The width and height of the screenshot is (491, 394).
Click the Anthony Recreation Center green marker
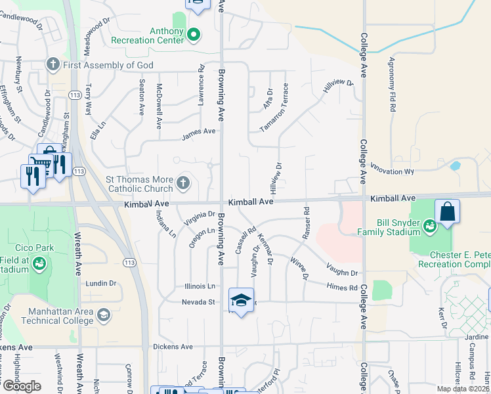(194, 35)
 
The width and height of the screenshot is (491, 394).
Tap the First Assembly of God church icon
(53, 64)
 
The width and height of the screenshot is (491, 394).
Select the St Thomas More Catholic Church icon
(184, 183)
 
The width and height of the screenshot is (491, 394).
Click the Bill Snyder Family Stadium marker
(430, 227)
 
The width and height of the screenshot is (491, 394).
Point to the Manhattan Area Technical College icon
(103, 316)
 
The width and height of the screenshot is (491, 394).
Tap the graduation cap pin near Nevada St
(242, 301)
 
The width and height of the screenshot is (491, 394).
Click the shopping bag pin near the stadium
(447, 212)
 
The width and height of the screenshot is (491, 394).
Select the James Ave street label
(199, 132)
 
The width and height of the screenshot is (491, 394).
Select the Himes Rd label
(343, 286)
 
